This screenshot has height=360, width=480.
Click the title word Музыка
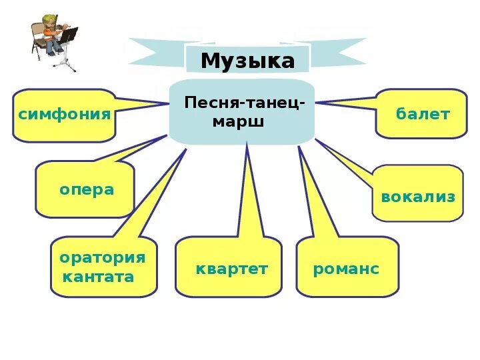[x=247, y=61]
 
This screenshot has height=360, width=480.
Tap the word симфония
[x=64, y=114]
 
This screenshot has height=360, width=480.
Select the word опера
[x=87, y=190]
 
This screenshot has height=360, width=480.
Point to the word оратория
[x=102, y=258]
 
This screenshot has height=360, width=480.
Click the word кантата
[x=98, y=277]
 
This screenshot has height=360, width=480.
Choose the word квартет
[x=231, y=269]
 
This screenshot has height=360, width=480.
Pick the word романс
[x=346, y=269]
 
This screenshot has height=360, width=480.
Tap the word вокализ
[x=418, y=197]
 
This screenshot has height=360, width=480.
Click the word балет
[x=423, y=114]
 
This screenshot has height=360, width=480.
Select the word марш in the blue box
[x=238, y=123]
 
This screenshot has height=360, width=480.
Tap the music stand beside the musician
[x=67, y=47]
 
